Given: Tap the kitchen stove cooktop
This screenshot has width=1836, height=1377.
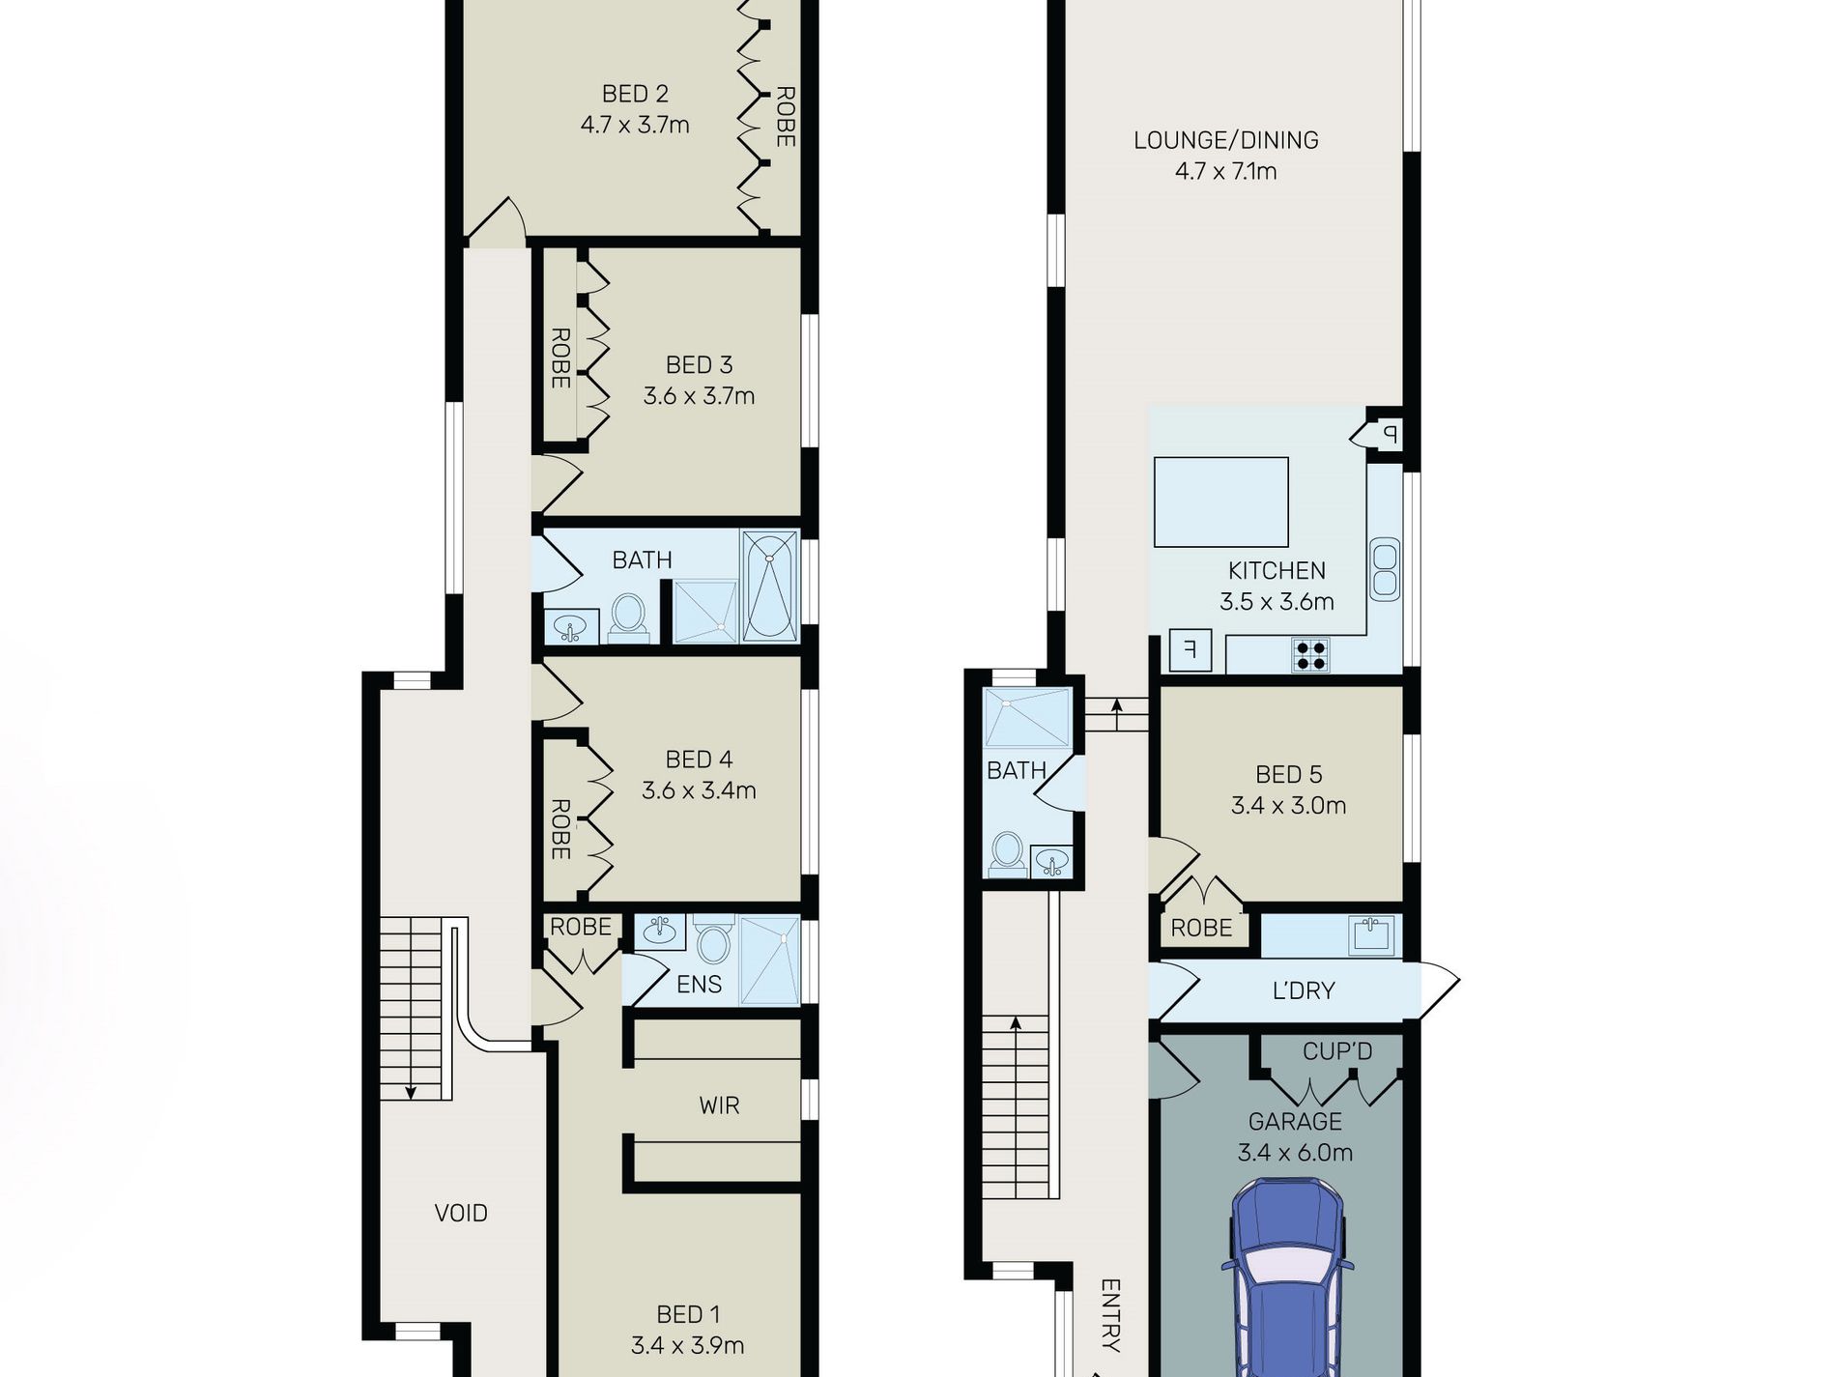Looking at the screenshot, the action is click(x=1310, y=655).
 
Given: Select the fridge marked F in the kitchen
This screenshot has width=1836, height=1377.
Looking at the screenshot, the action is click(x=1190, y=649).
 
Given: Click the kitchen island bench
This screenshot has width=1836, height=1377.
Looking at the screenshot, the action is click(x=1221, y=502).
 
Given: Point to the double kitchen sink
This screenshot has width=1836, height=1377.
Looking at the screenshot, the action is click(x=1384, y=569).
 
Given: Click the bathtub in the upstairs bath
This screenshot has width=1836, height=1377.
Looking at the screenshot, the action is click(x=770, y=587).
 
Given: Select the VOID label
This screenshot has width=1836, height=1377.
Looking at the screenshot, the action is click(x=461, y=1213).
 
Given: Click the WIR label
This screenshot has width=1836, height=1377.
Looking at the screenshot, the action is click(x=719, y=1105).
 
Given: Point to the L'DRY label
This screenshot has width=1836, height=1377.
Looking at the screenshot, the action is click(x=1304, y=990).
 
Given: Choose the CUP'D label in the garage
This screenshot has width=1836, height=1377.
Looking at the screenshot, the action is click(x=1337, y=1051).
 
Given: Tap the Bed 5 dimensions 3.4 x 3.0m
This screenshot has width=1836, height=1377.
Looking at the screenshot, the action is click(x=1288, y=806).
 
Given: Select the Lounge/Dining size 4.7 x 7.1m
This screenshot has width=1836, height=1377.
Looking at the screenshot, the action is click(x=1226, y=171).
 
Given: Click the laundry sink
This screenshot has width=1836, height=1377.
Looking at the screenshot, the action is click(x=1372, y=934).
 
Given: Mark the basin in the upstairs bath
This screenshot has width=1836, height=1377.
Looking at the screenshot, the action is click(x=571, y=629).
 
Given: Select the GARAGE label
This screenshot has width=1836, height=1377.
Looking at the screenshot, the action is click(x=1295, y=1122).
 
